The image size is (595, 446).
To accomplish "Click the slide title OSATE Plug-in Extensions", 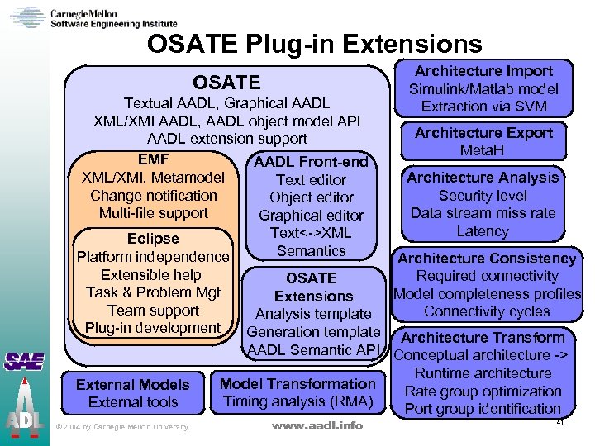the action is (314, 43).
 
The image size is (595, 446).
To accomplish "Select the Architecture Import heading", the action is (483, 71).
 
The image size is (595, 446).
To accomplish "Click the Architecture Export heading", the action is (483, 133).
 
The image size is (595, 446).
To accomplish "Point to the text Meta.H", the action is (483, 150).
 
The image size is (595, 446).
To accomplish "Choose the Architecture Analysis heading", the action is (483, 178).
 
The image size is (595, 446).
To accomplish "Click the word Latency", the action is (483, 231).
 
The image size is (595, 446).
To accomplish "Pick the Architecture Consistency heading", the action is (487, 259).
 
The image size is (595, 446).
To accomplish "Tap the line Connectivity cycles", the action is (487, 311).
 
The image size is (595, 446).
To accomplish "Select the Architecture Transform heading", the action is (483, 338).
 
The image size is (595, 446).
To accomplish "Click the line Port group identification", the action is (483, 408).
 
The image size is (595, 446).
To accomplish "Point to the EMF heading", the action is (154, 161).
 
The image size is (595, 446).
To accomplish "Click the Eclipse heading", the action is (154, 239).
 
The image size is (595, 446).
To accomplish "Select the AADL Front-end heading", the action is (311, 162).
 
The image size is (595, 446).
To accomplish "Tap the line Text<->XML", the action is (311, 233).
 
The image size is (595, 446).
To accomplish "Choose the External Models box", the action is (132, 393).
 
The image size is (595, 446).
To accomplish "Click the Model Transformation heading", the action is (297, 384).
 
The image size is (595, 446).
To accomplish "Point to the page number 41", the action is (560, 423).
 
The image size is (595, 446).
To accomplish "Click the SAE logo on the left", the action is (24, 361).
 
